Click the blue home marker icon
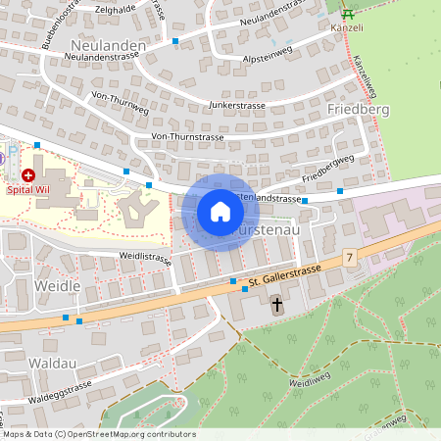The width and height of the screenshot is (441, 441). click(x=220, y=212)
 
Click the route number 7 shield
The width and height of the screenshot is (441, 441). click(x=349, y=257)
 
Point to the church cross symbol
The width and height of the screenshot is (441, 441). click(x=277, y=306)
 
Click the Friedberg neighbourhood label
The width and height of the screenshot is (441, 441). click(x=358, y=109)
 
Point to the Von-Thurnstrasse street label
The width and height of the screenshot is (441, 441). click(x=188, y=136)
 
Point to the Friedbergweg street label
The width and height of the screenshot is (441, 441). click(x=327, y=169)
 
